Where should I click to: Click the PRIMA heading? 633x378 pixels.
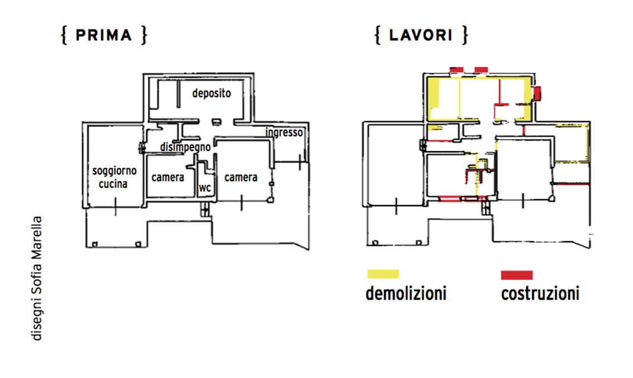[104, 36]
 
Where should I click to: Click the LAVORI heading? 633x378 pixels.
[421, 36]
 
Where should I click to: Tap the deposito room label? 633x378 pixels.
[211, 93]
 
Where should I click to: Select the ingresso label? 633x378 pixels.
[284, 133]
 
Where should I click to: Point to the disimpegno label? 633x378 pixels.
[185, 147]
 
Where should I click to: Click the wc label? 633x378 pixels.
[205, 188]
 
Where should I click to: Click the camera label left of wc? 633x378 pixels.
[168, 178]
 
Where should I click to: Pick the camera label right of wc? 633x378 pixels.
[240, 177]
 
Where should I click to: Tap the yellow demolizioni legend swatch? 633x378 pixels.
[383, 274]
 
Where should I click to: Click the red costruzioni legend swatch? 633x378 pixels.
[516, 275]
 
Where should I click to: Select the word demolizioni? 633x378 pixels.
[405, 293]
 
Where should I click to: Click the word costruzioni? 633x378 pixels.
[540, 293]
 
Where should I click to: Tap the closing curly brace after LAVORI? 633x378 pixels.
[465, 36]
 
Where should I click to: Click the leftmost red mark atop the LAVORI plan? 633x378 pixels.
[456, 69]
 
